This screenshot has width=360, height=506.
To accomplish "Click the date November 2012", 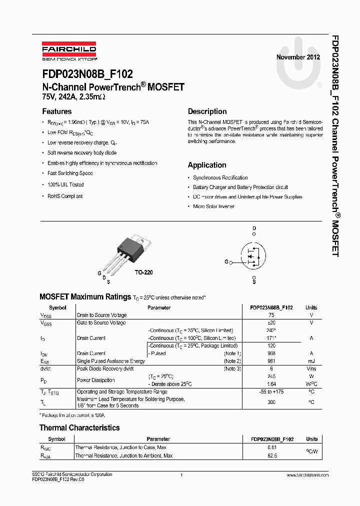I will click(x=298, y=57).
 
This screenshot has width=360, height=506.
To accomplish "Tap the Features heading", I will click(x=56, y=111).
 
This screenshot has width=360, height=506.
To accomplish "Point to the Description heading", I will click(x=207, y=111).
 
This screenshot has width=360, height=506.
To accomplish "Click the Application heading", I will click(x=207, y=165).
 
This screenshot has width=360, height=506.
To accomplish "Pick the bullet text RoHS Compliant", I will click(x=65, y=196).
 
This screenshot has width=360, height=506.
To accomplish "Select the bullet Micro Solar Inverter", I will click(x=213, y=206).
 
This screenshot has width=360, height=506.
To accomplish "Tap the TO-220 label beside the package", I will click(x=143, y=272).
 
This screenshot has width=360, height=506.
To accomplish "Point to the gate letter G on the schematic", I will click(x=226, y=261).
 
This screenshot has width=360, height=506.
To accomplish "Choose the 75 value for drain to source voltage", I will click(x=271, y=315).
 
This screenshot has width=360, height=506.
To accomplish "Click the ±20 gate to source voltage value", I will click(x=271, y=323).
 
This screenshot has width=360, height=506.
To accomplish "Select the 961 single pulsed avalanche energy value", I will click(x=271, y=361).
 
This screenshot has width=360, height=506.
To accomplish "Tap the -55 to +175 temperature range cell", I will click(x=271, y=392).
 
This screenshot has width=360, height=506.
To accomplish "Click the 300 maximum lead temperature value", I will click(x=271, y=402).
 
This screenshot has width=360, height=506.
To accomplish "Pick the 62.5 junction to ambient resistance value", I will click(x=272, y=455).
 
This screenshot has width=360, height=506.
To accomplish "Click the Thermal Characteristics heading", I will click(x=79, y=427).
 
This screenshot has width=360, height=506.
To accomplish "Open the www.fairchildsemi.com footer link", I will click(x=307, y=475).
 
